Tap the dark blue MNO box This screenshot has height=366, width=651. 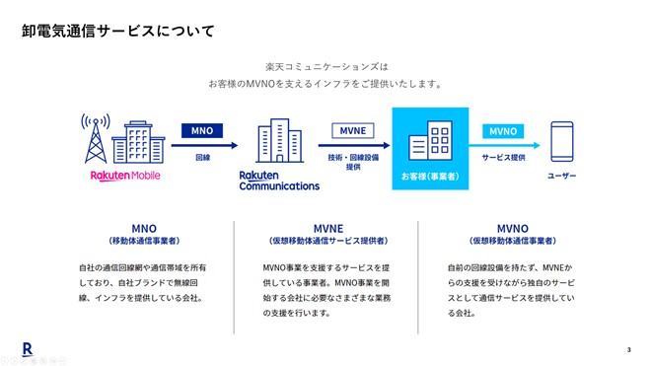202,130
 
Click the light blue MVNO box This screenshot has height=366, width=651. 503,130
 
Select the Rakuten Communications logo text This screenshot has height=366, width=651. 279,181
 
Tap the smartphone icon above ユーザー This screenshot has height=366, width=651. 562,144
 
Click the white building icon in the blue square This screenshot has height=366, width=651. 435,142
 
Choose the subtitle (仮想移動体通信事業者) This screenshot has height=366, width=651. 512,241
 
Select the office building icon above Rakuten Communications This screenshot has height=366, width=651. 278,144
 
